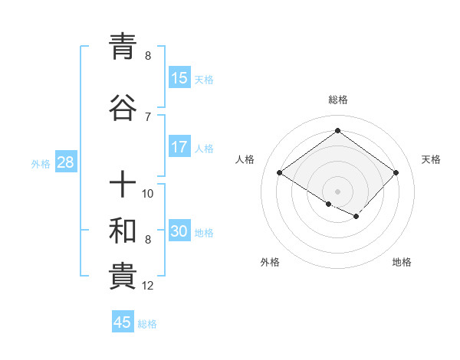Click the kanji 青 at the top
pyautogui.click(x=123, y=47)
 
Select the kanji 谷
pyautogui.click(x=123, y=109)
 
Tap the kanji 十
pyautogui.click(x=123, y=185)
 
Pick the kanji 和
pyautogui.click(x=123, y=231)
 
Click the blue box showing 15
pyautogui.click(x=179, y=78)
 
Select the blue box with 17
pyautogui.click(x=179, y=147)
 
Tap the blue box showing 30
pyautogui.click(x=179, y=231)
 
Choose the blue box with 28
pyautogui.click(x=65, y=162)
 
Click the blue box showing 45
pyautogui.click(x=123, y=322)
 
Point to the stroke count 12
pyautogui.click(x=148, y=286)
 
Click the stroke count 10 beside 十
pyautogui.click(x=148, y=193)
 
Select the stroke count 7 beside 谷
pyautogui.click(x=148, y=116)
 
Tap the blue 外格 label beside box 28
pyautogui.click(x=41, y=163)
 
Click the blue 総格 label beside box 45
pyautogui.click(x=147, y=323)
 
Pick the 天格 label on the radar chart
pyautogui.click(x=431, y=159)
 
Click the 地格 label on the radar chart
pyautogui.click(x=402, y=262)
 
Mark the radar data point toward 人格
pyautogui.click(x=279, y=173)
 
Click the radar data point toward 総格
pyautogui.click(x=337, y=131)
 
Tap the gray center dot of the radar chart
pyautogui.click(x=337, y=191)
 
